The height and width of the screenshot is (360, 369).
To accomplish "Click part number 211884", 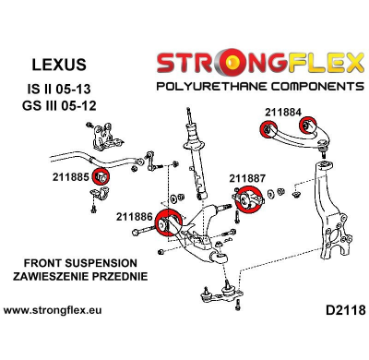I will click(x=282, y=113).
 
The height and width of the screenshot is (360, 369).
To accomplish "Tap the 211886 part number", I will click(x=135, y=217).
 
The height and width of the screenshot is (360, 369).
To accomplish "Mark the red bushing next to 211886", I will click(x=167, y=224).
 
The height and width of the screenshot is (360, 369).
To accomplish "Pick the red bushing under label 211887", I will click(x=246, y=197).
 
